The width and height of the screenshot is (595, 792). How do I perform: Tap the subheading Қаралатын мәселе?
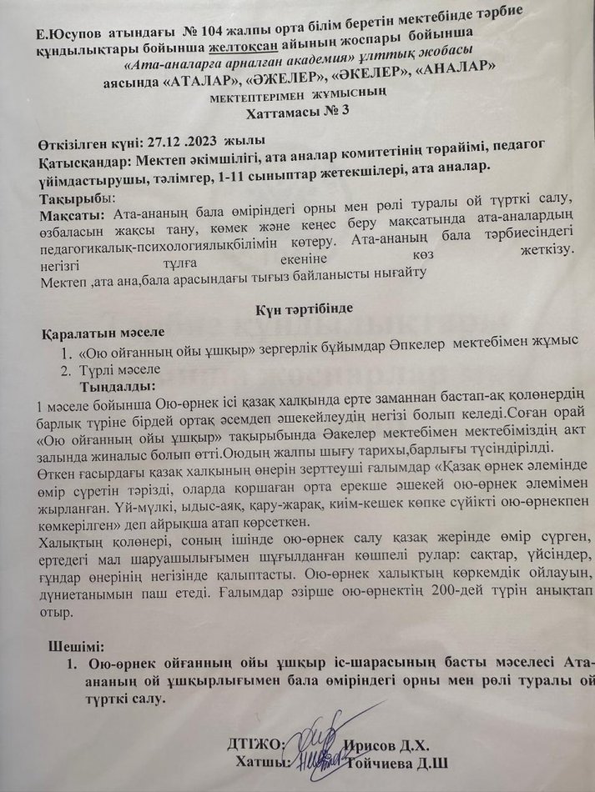coord(99,333)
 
